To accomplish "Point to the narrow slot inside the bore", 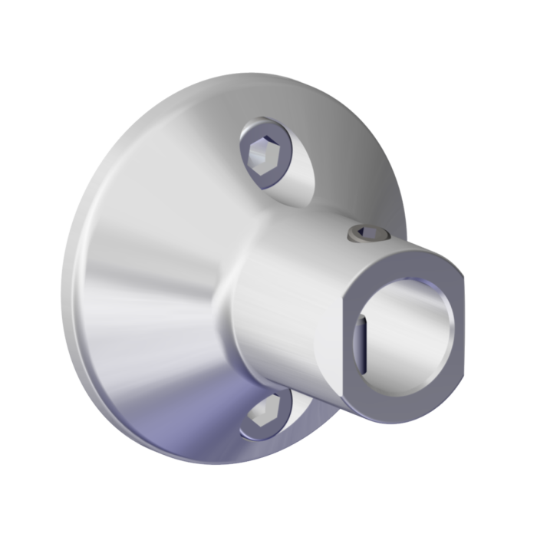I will (363, 338).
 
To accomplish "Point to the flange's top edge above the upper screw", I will (253, 77).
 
